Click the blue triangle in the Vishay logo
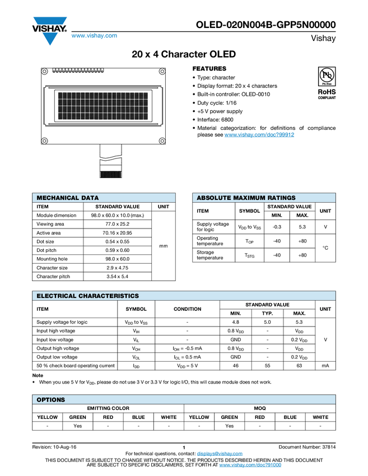click(50, 38)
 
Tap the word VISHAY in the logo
click(50, 26)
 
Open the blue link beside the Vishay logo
click(94, 36)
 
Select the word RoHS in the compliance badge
click(327, 91)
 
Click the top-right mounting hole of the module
click(162, 71)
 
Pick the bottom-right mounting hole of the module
click(162, 141)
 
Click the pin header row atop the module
click(79, 71)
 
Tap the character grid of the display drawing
click(103, 105)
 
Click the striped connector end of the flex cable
click(110, 175)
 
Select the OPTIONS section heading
click(51, 400)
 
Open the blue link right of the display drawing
click(259, 135)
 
